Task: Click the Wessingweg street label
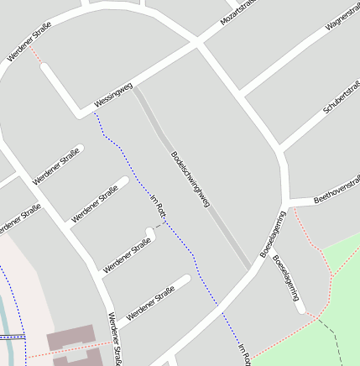pos(113,95)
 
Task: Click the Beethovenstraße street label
pos(337,190)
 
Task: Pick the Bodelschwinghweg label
pos(189,177)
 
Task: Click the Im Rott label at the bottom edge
pos(244,355)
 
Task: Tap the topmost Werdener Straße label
pos(29,40)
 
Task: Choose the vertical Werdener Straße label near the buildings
pos(115,338)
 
